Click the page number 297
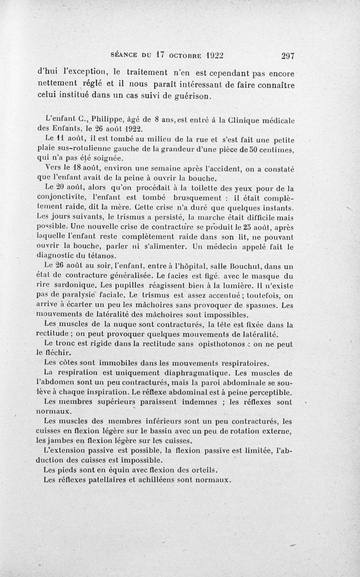click(287, 55)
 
